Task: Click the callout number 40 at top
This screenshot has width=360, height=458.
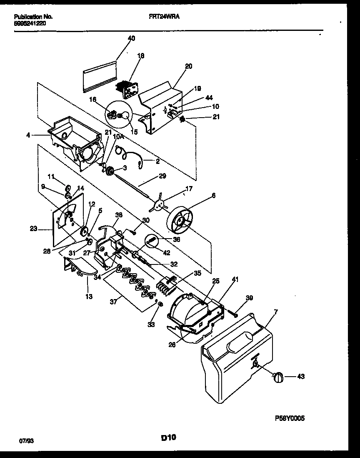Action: [x=131, y=38]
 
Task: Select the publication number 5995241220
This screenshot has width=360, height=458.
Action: [x=30, y=23]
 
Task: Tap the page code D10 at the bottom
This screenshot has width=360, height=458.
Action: [x=168, y=438]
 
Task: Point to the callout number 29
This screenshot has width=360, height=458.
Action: [x=162, y=176]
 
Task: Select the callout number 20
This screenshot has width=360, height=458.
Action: [x=188, y=66]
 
